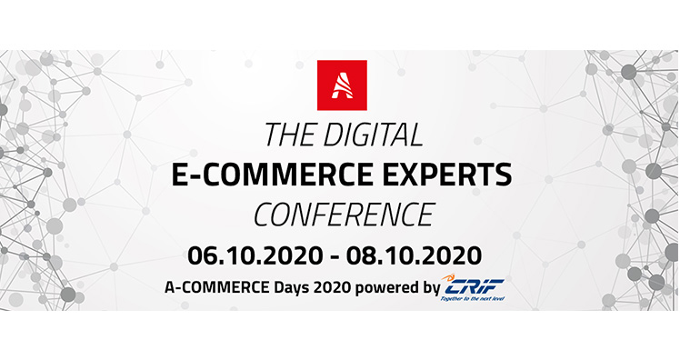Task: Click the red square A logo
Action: [x=342, y=85]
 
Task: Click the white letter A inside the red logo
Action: [x=342, y=85]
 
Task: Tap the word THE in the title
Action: [x=289, y=135]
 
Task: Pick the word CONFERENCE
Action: [x=344, y=215]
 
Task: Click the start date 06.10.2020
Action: [x=255, y=255]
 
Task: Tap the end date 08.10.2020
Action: [x=414, y=255]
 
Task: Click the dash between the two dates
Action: [x=334, y=256]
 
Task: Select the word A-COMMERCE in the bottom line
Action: [x=216, y=287]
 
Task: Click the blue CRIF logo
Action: [x=474, y=286]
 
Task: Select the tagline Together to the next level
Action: [x=472, y=298]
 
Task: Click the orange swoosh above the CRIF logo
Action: [x=448, y=276]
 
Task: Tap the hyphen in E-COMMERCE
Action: [x=195, y=176]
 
